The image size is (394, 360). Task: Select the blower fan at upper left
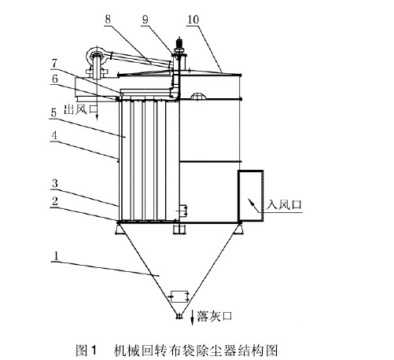(x=98, y=57)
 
